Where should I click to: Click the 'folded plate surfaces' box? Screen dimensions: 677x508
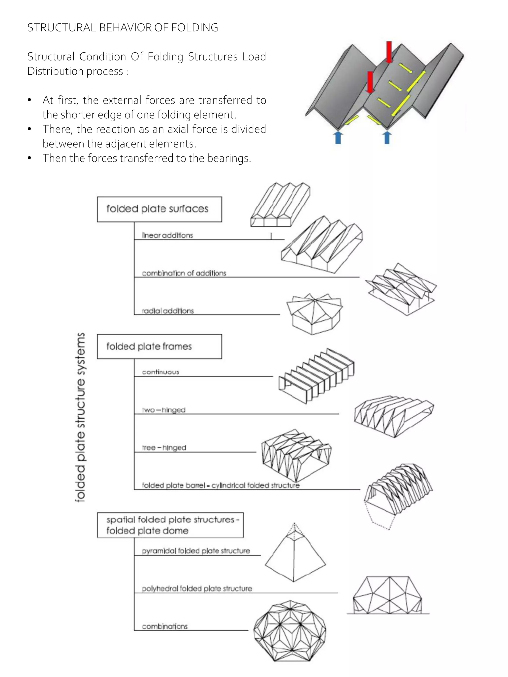(x=159, y=209)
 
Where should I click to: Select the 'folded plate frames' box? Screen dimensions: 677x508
(x=159, y=346)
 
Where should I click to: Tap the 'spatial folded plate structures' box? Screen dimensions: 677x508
(x=170, y=525)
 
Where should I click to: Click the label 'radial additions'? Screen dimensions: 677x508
(x=168, y=311)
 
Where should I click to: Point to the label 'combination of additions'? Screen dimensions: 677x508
(x=184, y=273)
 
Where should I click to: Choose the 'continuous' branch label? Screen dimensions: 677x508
(x=160, y=372)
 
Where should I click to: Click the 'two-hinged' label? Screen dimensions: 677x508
(x=164, y=410)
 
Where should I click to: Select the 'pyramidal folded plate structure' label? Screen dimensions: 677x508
(x=196, y=551)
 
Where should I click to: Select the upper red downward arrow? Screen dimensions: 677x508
(x=389, y=52)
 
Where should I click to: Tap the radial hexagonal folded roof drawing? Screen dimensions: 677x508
(x=314, y=314)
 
